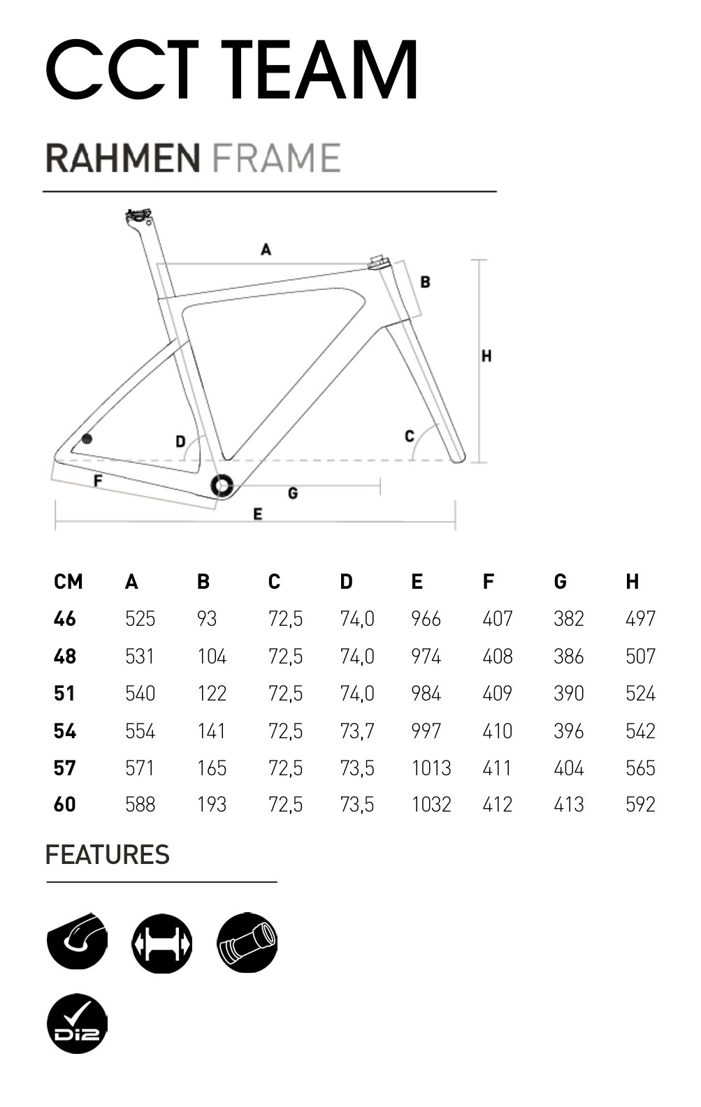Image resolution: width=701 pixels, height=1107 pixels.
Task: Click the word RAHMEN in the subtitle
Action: [x=123, y=158]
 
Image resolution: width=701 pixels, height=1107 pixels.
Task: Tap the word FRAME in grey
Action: [x=276, y=158]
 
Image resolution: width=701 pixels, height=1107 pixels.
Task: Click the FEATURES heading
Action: [x=107, y=855]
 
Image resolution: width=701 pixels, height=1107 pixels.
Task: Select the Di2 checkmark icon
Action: [x=77, y=1024]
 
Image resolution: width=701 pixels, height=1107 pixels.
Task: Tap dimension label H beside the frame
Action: [x=486, y=356]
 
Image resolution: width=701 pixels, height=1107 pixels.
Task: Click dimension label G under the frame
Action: [x=293, y=493]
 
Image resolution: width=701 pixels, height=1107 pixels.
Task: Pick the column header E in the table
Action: [x=417, y=582]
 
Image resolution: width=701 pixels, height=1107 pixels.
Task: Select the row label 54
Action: [x=65, y=731]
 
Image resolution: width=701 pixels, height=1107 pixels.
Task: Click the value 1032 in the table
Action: [x=431, y=805]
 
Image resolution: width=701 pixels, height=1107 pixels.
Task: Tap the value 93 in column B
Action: [x=207, y=619]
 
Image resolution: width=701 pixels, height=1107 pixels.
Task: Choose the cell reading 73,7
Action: [x=357, y=731]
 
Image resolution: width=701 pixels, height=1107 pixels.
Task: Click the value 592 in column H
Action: [x=640, y=805]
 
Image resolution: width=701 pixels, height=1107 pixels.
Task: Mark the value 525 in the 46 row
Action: [x=140, y=619]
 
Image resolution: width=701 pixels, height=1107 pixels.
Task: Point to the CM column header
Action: [x=68, y=582]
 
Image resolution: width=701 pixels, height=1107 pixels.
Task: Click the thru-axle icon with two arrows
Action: [x=162, y=944]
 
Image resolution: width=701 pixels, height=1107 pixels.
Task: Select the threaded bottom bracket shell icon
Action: [x=247, y=944]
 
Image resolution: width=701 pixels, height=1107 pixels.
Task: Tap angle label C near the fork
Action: [x=410, y=437]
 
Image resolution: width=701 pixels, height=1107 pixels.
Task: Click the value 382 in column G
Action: [x=568, y=619]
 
